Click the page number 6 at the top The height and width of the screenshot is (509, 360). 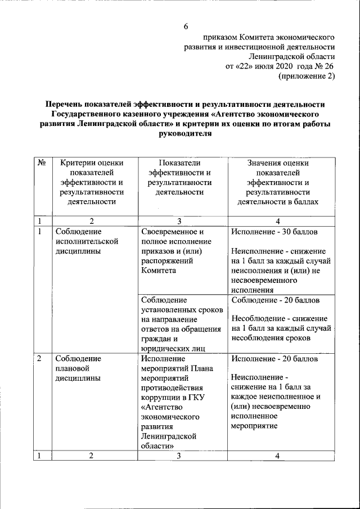[186, 26]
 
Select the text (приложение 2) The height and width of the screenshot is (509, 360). [307, 77]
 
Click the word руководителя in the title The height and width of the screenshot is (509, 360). [186, 134]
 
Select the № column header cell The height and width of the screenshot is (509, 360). [42, 163]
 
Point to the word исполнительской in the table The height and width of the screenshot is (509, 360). [86, 241]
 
